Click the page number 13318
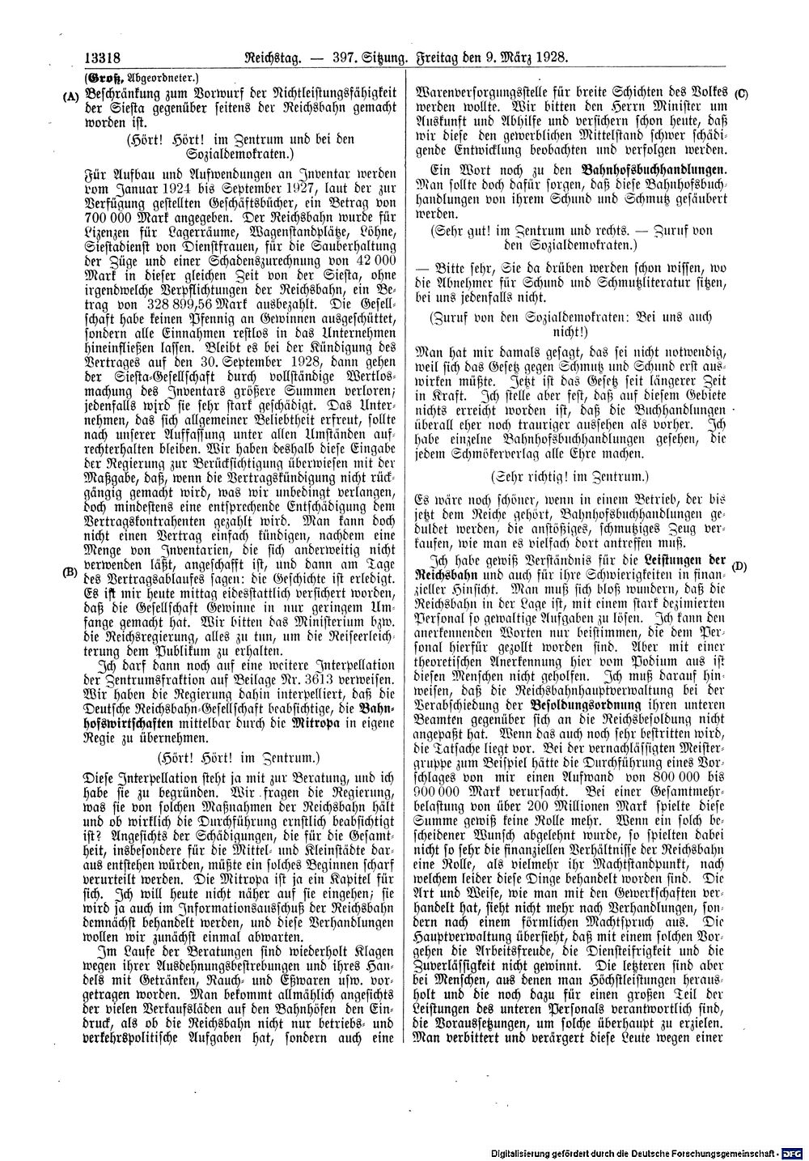click(101, 58)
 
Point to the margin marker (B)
click(69, 570)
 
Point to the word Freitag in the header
click(441, 58)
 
